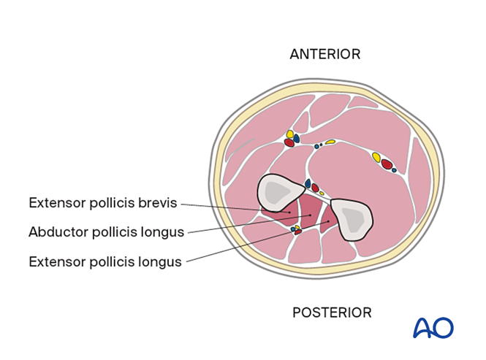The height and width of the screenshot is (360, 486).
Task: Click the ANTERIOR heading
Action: [x=324, y=54]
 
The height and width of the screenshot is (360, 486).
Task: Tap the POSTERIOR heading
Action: [x=332, y=313]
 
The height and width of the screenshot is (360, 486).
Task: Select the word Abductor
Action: [x=57, y=232]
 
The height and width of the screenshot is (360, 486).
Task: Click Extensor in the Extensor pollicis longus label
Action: [x=57, y=261]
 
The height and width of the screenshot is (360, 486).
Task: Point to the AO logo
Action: [x=433, y=327]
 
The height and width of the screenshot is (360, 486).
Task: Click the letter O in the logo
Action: [x=444, y=327]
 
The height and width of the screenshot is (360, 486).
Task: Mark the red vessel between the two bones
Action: [x=315, y=188]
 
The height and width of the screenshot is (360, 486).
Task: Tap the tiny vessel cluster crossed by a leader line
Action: [x=296, y=230]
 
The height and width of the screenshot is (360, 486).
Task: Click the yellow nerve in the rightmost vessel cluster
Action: [x=376, y=157]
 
